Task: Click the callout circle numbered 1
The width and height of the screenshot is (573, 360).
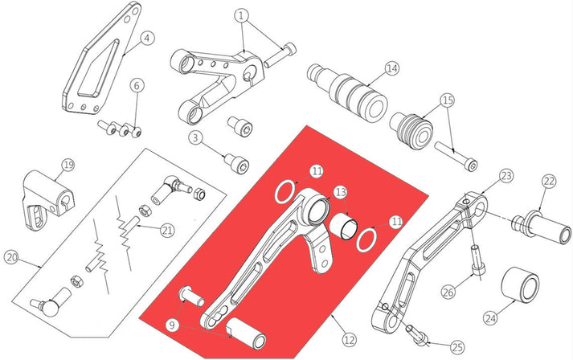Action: (x=243, y=15)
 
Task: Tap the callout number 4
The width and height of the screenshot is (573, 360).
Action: (x=146, y=37)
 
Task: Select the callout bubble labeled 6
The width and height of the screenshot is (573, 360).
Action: (x=137, y=85)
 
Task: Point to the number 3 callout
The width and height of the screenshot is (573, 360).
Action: (x=194, y=138)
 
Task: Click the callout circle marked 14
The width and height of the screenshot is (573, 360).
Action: (x=391, y=68)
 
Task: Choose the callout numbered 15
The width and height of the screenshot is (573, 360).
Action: (x=447, y=101)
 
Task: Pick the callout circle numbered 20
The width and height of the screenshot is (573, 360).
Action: (x=11, y=258)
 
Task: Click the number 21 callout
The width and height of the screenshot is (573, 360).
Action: (x=166, y=231)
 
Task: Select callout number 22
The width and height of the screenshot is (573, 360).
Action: (x=549, y=181)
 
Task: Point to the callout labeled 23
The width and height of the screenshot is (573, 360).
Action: (x=505, y=174)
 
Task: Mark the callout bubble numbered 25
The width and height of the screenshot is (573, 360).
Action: (x=456, y=347)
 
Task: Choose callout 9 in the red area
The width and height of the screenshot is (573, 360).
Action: (x=171, y=325)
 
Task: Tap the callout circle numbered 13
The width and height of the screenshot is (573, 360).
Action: (x=341, y=192)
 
